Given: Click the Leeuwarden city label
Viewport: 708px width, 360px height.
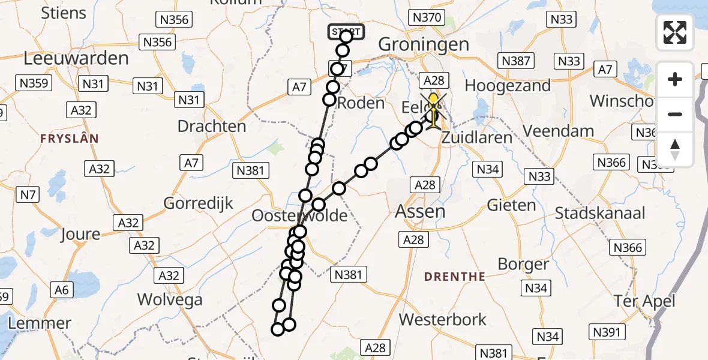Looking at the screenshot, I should [x=76, y=58].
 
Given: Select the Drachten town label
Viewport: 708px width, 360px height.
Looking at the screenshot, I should [x=212, y=127].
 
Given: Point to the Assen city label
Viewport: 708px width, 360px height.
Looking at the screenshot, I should [x=420, y=211].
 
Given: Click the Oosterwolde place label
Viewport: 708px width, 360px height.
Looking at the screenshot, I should [x=299, y=215].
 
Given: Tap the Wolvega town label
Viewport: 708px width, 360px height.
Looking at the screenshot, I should [x=168, y=299].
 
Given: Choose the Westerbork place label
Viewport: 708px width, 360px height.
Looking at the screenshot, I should [x=443, y=319].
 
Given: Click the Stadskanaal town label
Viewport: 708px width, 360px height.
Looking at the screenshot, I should [x=600, y=213].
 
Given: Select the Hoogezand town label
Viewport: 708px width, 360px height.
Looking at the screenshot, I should [x=508, y=86].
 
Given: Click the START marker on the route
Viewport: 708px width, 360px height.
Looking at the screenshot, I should [x=346, y=32].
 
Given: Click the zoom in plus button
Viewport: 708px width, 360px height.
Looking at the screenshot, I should [x=675, y=79].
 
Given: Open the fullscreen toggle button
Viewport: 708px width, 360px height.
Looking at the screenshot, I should [x=675, y=32].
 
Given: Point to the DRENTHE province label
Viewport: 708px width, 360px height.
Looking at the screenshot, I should [x=454, y=277].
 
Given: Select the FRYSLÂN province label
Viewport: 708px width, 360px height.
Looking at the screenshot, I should [x=69, y=138].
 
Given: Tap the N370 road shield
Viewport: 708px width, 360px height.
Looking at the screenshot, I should [x=428, y=18].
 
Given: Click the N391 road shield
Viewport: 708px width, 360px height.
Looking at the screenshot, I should [x=608, y=332].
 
